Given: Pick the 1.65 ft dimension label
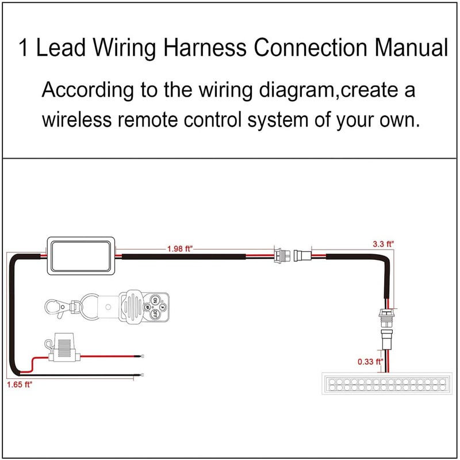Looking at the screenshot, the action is click(x=18, y=385).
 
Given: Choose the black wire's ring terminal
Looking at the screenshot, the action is click(x=139, y=376).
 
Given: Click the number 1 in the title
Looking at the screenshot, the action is click(x=24, y=49).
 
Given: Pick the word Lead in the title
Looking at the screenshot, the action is click(x=60, y=49).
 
